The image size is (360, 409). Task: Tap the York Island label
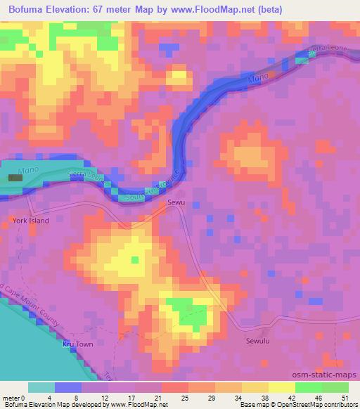coord(30,221)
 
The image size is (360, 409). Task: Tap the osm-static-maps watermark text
coord(329,378)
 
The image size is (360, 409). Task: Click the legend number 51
coord(344,397)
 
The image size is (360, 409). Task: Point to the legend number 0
coord(29,397)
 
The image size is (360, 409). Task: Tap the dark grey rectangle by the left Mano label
coord(15,178)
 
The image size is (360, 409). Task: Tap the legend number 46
coord(317,397)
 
